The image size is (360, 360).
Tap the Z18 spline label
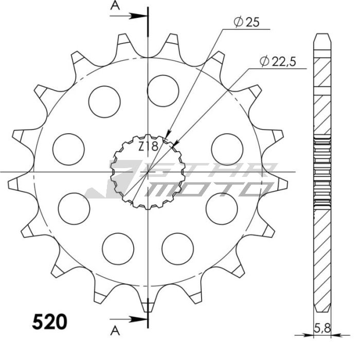coord(148,146)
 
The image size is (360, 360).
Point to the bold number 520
coord(49,322)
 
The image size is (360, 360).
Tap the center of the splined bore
coord(148,172)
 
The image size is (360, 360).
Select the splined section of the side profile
coord(322,171)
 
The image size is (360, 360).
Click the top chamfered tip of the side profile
coord(322,38)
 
